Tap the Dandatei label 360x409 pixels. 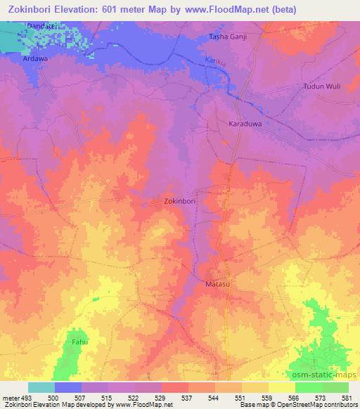coord(40,26)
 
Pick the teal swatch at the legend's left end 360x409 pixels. coord(41,387)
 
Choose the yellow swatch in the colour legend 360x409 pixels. coord(282,387)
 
